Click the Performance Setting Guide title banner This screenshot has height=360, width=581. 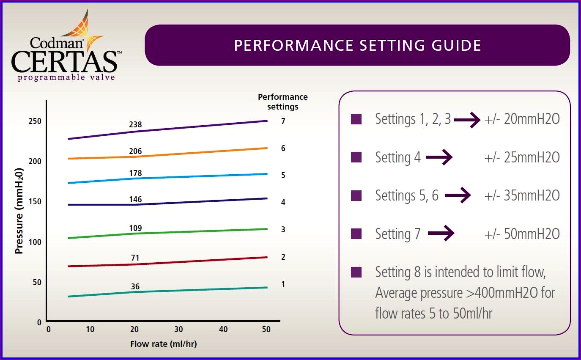pyautogui.click(x=357, y=45)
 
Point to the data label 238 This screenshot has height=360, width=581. pyautogui.click(x=135, y=125)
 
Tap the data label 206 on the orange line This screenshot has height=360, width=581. pyautogui.click(x=135, y=151)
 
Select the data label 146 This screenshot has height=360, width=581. pyautogui.click(x=135, y=199)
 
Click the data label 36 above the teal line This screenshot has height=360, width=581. pyautogui.click(x=135, y=286)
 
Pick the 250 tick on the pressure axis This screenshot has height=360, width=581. pyautogui.click(x=35, y=121)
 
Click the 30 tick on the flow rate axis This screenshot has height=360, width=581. pyautogui.click(x=178, y=330)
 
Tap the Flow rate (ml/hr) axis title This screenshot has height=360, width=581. pyautogui.click(x=163, y=344)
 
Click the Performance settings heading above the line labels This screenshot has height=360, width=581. pyautogui.click(x=282, y=102)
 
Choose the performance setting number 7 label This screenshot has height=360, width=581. pyautogui.click(x=283, y=121)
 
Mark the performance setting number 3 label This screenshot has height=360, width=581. pyautogui.click(x=283, y=230)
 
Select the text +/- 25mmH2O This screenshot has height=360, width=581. pyautogui.click(x=522, y=158)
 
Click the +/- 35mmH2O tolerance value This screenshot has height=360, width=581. pyautogui.click(x=522, y=195)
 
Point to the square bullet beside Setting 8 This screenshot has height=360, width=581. pyautogui.click(x=356, y=272)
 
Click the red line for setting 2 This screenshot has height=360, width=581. pyautogui.click(x=169, y=262)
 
